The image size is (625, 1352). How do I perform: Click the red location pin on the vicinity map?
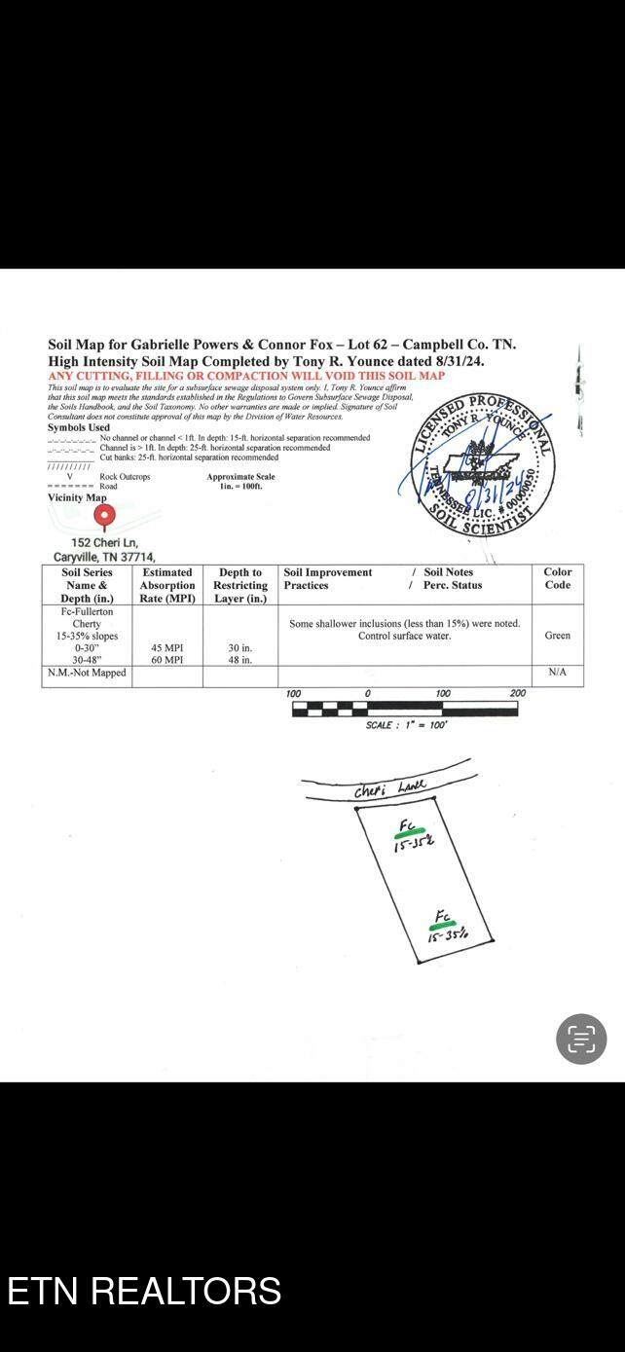(104, 515)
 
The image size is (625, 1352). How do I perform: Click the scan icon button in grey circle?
(581, 1039)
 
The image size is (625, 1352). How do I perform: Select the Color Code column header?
(558, 579)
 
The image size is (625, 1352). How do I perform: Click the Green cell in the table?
(558, 636)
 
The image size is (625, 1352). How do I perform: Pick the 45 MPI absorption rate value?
(167, 647)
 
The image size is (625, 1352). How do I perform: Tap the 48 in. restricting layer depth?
(240, 660)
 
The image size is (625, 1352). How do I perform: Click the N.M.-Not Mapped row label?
(88, 673)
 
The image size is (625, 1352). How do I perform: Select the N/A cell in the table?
(558, 673)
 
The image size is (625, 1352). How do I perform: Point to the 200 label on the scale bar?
(517, 693)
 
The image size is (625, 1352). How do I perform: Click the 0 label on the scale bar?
(368, 693)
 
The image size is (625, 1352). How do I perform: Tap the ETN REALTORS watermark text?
(144, 1291)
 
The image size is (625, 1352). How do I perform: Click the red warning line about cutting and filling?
(246, 376)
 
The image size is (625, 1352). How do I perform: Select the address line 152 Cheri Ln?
(104, 542)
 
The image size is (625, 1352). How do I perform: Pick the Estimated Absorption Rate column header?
(167, 585)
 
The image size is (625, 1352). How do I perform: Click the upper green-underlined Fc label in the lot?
(408, 828)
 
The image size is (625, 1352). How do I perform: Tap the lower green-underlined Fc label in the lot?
(443, 918)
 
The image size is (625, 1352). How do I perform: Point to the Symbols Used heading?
(79, 427)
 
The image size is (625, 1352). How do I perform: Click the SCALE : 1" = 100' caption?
(406, 725)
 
